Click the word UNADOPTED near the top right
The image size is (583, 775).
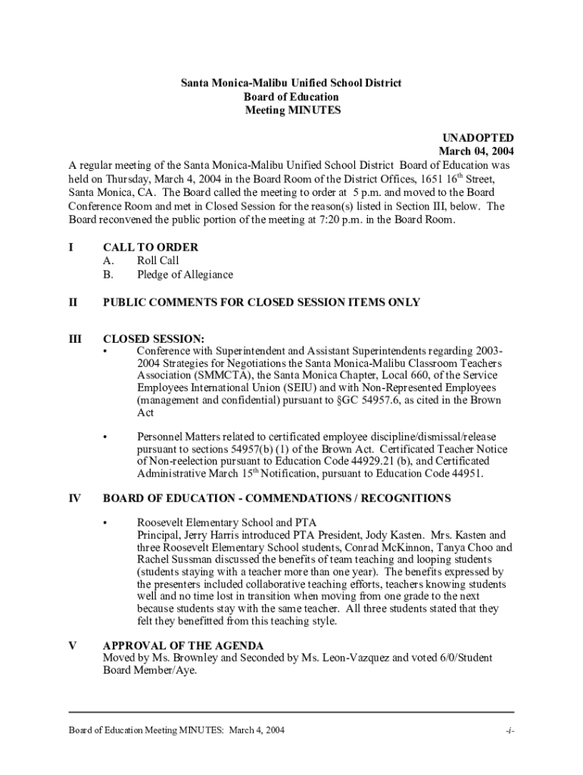click(x=478, y=138)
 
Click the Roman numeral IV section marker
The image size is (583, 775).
click(x=75, y=498)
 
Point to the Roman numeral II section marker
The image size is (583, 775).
click(x=73, y=302)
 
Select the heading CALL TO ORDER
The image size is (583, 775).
click(x=151, y=247)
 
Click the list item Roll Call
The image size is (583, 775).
click(x=157, y=260)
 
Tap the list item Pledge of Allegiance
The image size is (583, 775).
click(x=185, y=274)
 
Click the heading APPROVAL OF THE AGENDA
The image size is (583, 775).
click(x=183, y=646)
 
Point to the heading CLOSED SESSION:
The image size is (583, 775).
click(x=154, y=339)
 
